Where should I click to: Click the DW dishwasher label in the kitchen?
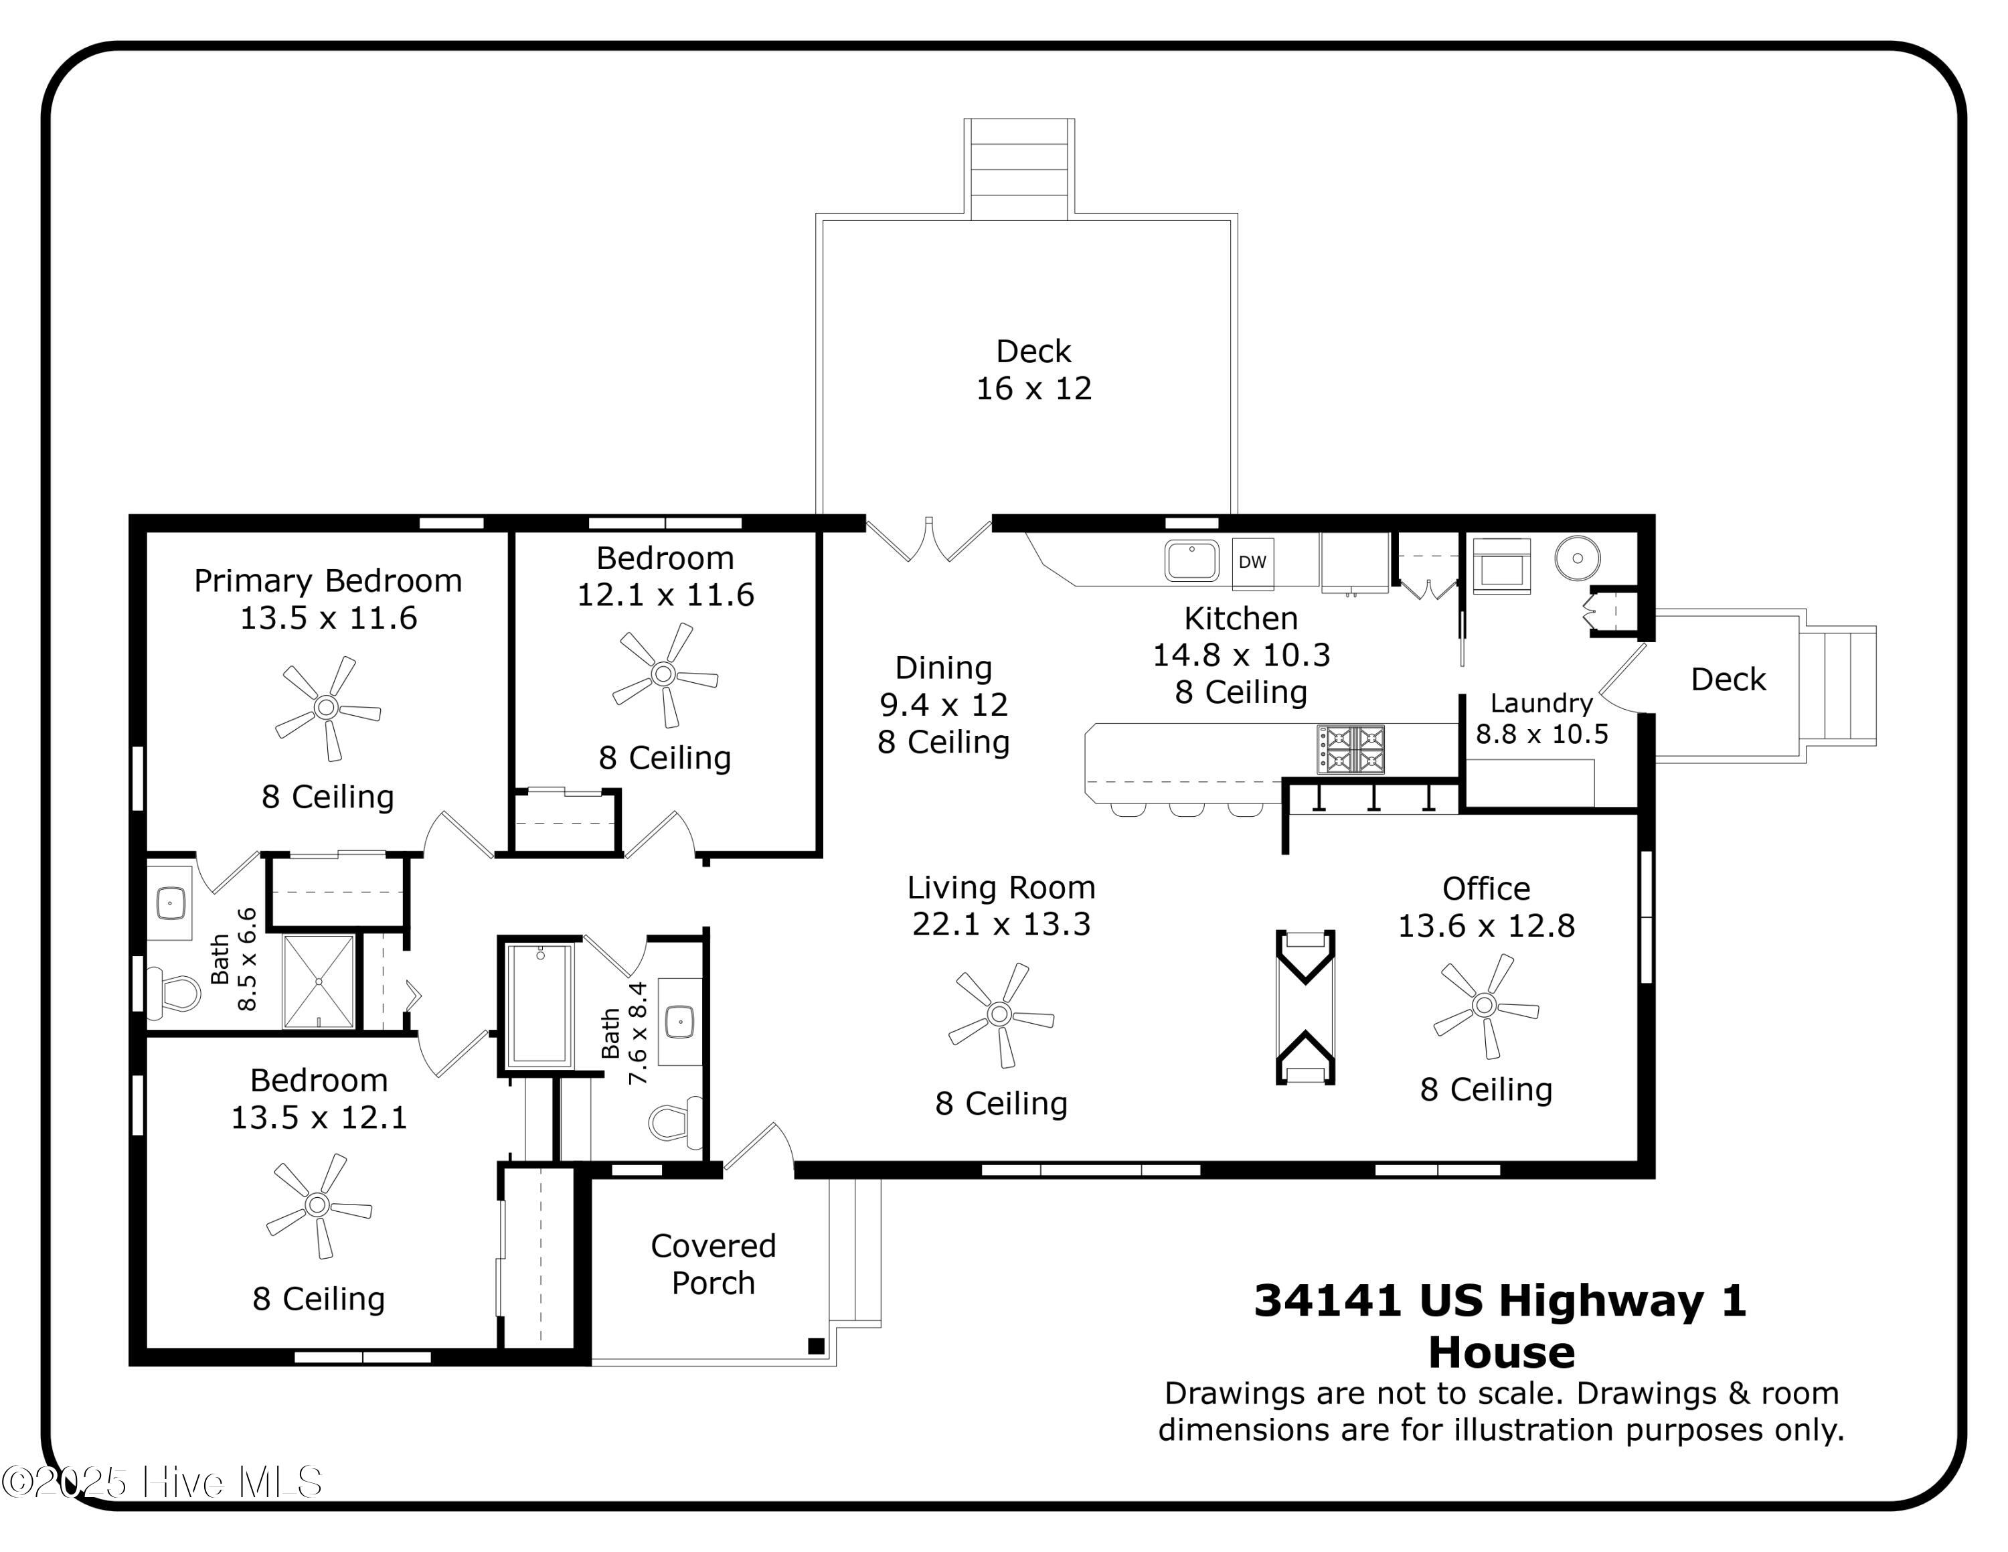(x=1252, y=562)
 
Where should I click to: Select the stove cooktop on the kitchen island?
(x=1349, y=749)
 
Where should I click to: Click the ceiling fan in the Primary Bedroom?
(x=327, y=708)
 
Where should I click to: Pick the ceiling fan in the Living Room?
(x=1001, y=1015)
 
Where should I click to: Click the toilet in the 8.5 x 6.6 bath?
(x=174, y=994)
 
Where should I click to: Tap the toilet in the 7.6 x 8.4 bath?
(x=676, y=1121)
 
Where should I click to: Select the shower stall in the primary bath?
(x=318, y=981)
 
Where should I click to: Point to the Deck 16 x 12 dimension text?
(x=1033, y=389)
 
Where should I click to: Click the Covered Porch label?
(x=714, y=1263)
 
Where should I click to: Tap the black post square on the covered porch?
(x=815, y=1346)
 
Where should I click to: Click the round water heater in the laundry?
(x=1578, y=558)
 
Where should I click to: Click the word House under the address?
(x=1501, y=1352)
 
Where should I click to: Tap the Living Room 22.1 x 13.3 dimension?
(x=1001, y=924)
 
